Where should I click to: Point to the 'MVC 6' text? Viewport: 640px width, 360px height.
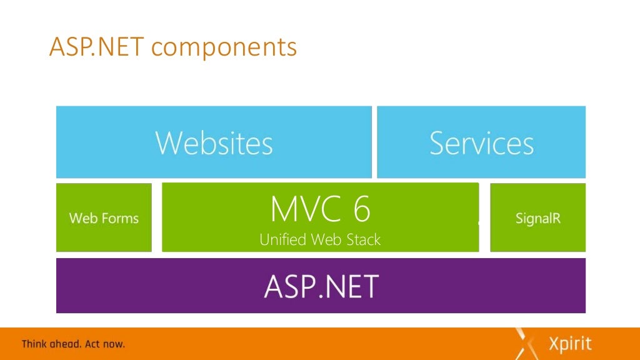coord(320,209)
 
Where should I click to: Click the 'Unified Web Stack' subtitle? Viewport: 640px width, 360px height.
coord(320,239)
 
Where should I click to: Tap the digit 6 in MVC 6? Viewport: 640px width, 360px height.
coord(361,209)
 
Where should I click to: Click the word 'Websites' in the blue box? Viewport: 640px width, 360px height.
coord(214,143)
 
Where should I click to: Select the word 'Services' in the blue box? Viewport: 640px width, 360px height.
coord(481,143)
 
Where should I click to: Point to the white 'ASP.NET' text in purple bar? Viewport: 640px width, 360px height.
coord(321,286)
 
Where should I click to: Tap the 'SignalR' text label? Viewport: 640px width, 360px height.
coord(537,218)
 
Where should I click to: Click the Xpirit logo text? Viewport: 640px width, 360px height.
coord(569,344)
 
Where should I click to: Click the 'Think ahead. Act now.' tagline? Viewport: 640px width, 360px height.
coord(74,344)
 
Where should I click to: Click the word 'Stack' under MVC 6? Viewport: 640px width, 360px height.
coord(364,239)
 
